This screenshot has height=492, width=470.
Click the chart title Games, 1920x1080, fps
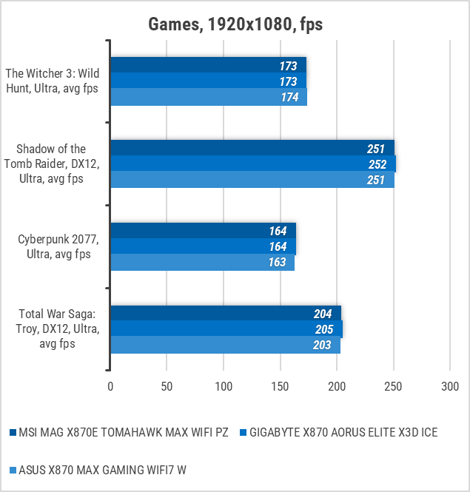235,24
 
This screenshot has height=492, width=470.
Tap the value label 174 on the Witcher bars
289,97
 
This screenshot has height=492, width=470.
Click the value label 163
278,263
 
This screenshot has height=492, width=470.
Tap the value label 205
323,329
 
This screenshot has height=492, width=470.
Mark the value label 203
322,345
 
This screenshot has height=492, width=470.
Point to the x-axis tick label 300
449,386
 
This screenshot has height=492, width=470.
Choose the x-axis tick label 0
110,386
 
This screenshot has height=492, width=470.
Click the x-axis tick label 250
393,386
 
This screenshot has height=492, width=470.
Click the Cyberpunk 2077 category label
55,247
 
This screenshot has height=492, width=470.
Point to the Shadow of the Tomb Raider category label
55,164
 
